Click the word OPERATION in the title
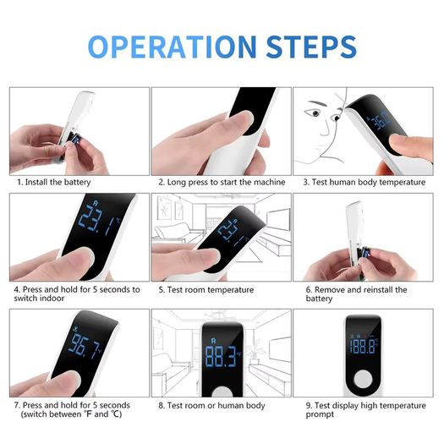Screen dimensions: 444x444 click(x=173, y=47)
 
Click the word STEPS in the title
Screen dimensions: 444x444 click(x=311, y=47)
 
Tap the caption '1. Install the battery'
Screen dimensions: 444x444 click(x=54, y=182)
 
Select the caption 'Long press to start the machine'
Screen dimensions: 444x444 click(x=226, y=182)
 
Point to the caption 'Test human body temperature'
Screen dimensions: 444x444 click(x=369, y=182)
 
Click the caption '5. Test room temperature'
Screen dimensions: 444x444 click(x=206, y=290)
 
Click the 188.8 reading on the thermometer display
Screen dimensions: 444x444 click(x=362, y=346)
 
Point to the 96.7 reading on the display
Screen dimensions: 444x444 click(x=84, y=346)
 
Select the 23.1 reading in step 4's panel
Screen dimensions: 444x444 click(x=97, y=220)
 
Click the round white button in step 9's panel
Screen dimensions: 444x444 click(x=363, y=379)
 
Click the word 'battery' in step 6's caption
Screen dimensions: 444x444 click(x=319, y=299)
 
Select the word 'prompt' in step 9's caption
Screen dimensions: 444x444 click(x=320, y=414)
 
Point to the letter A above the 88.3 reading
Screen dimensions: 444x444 click(x=213, y=340)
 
